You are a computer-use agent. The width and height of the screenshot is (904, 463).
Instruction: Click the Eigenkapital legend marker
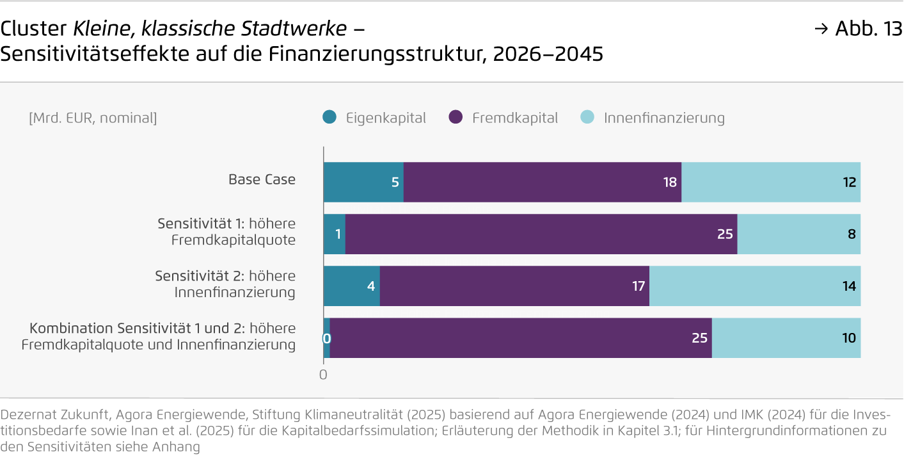click(x=329, y=118)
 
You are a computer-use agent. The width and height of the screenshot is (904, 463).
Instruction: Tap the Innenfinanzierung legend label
click(x=664, y=118)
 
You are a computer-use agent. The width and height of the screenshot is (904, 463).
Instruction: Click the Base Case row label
click(x=262, y=179)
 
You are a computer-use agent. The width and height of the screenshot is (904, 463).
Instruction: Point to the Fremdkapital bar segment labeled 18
click(x=543, y=182)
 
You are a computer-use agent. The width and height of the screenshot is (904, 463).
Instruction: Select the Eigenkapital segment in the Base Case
click(x=363, y=182)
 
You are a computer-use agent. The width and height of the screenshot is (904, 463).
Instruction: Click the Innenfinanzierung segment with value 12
click(x=771, y=182)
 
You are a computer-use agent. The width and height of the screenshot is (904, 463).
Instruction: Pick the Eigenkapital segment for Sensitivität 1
click(x=334, y=234)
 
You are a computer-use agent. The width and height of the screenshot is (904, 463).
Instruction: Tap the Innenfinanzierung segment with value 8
click(x=799, y=234)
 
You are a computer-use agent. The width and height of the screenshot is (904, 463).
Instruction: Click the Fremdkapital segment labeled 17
click(x=514, y=286)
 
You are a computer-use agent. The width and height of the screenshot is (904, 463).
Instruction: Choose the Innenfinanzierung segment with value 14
click(x=755, y=286)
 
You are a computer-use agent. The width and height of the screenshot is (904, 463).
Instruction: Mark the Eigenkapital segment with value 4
click(x=351, y=286)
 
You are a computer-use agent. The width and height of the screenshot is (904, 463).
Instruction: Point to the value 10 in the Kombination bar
click(x=848, y=338)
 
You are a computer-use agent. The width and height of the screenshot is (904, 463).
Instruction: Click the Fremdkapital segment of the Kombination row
click(x=521, y=338)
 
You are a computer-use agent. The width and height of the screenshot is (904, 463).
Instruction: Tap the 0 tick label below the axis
click(x=323, y=375)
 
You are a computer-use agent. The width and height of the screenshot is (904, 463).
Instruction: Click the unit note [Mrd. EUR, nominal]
click(x=93, y=118)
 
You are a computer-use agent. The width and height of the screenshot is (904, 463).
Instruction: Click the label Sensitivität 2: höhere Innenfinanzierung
click(x=225, y=284)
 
